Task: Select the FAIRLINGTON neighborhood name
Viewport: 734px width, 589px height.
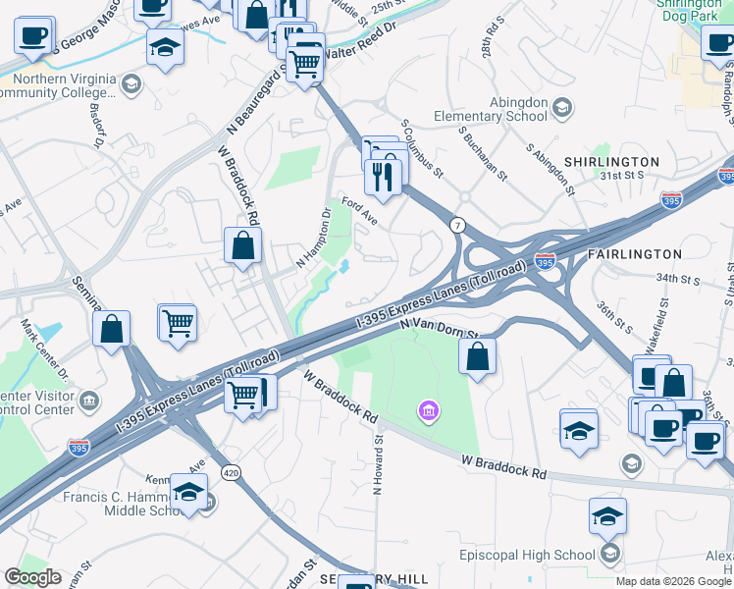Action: [x=634, y=254]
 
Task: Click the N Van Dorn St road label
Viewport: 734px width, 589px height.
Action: [x=437, y=327]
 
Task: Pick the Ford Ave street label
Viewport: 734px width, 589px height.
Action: [x=360, y=211]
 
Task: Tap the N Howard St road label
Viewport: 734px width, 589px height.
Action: [x=377, y=467]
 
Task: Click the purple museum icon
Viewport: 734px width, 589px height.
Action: [x=428, y=409]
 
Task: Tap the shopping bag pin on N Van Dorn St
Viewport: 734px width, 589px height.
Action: [x=477, y=357]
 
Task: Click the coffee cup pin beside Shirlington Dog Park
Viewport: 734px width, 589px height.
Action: [x=718, y=42]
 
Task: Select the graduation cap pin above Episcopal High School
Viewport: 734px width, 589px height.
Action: [x=608, y=516]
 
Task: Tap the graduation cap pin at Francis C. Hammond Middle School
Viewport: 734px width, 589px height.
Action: [x=188, y=493]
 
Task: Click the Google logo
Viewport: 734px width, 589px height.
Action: [x=33, y=577]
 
